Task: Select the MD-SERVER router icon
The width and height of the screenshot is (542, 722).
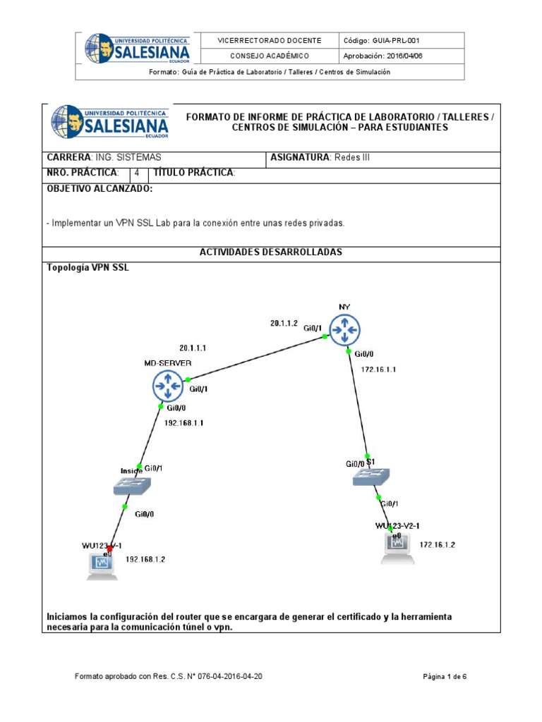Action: pos(167,386)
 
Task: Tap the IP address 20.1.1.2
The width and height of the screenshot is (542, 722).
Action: pos(284,324)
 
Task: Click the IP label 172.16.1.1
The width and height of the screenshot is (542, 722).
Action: pos(379,369)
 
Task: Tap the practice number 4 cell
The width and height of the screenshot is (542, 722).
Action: pos(137,173)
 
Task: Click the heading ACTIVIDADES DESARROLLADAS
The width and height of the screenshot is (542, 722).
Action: pos(271,252)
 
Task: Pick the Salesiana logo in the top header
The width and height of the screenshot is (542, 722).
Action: pos(137,48)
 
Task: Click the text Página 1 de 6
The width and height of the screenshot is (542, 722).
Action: pos(445,677)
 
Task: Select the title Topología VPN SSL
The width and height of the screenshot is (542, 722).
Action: pos(88,268)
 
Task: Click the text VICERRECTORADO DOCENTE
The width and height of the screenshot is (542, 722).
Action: pos(270,41)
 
